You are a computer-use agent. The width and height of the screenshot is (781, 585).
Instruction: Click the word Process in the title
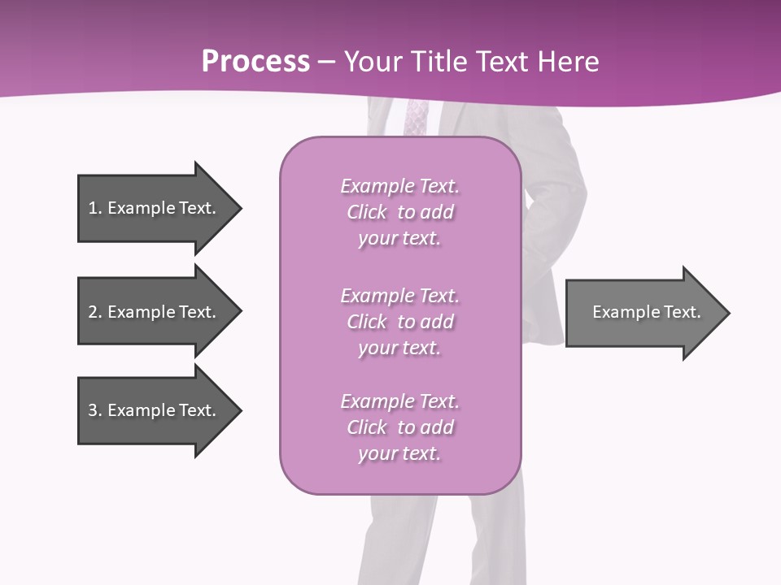(255, 62)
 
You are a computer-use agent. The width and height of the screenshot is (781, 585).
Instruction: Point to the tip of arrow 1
(239, 209)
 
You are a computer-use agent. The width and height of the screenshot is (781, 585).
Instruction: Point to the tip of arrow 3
(239, 410)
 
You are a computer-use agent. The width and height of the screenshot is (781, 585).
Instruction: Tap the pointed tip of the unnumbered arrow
(727, 313)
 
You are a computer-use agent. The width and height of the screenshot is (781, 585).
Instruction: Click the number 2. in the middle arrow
(94, 312)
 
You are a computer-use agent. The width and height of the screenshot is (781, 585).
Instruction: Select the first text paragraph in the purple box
(399, 212)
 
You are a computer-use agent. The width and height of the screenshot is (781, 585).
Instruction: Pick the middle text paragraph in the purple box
(399, 322)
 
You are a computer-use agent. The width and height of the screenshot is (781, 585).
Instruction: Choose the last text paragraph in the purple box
(399, 427)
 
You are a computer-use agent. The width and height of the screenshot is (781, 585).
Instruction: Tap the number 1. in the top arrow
(94, 208)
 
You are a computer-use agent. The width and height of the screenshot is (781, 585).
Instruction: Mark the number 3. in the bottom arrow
(94, 410)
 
